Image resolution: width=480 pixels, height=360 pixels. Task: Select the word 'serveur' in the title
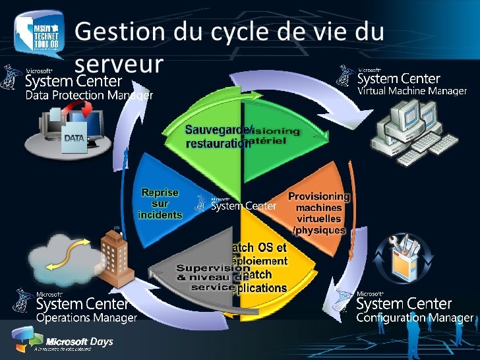point(119,65)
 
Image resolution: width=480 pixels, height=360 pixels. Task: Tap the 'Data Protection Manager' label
point(89,96)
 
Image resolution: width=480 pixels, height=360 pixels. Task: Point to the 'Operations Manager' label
point(86,318)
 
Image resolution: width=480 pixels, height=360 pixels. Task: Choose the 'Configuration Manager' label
point(415,318)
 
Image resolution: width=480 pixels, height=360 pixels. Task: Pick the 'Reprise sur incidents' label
point(160,204)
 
